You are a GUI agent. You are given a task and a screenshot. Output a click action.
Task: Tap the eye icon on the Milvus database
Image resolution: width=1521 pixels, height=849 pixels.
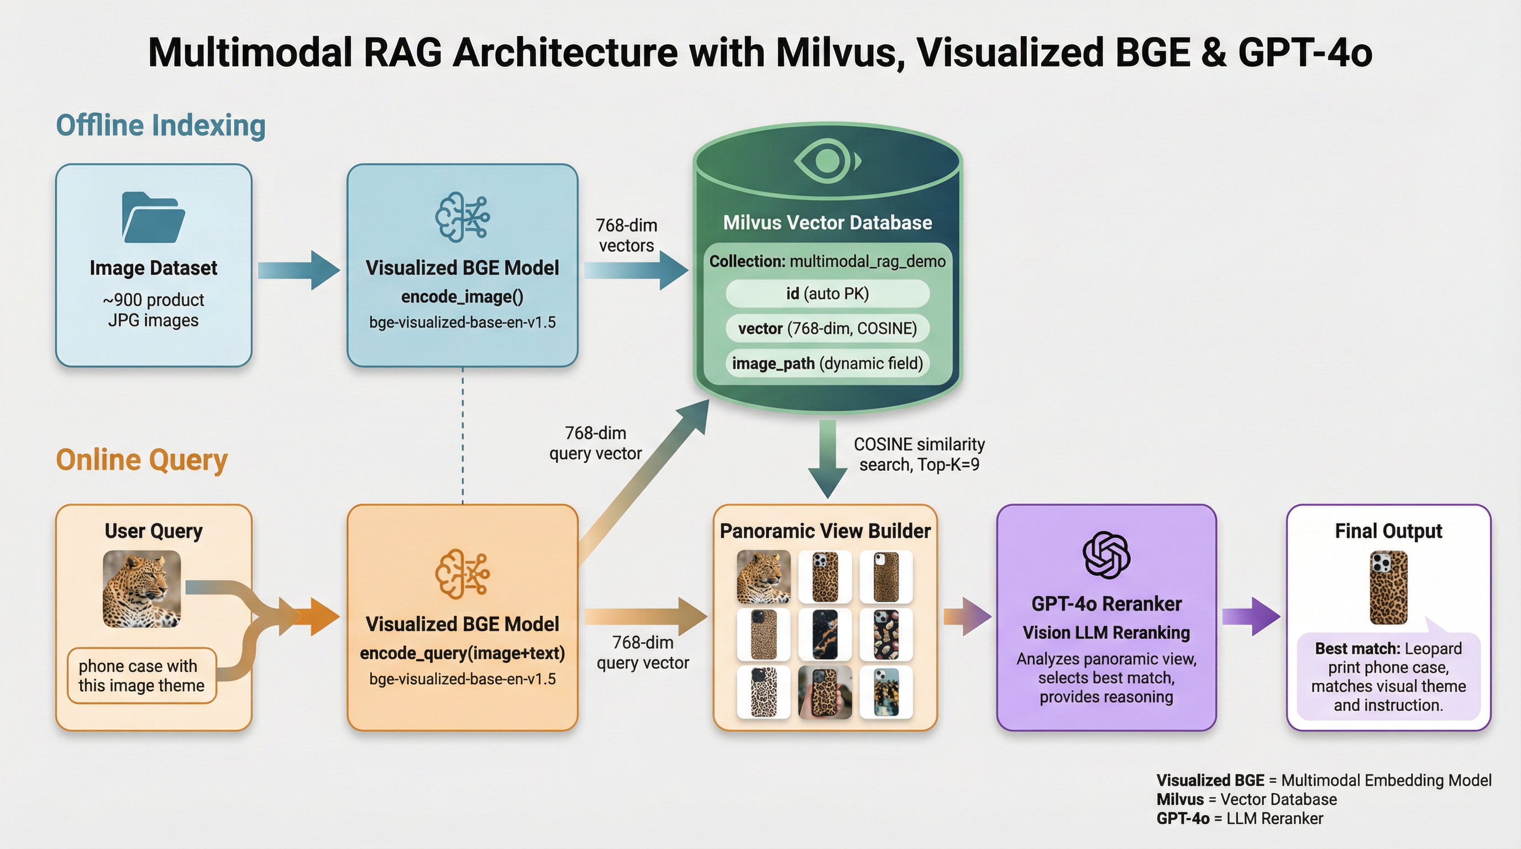point(827,160)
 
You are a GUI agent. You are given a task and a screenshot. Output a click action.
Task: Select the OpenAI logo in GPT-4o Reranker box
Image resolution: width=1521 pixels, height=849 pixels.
point(1106,555)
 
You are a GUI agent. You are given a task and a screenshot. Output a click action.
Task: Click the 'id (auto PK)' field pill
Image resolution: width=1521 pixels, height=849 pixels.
point(827,294)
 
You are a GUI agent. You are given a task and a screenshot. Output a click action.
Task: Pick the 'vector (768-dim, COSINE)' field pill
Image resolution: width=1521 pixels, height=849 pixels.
point(827,328)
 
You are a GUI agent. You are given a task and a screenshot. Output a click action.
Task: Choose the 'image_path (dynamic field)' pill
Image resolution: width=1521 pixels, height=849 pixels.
point(827,363)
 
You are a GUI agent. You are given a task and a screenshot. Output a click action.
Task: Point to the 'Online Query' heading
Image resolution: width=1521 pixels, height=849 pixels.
point(141,460)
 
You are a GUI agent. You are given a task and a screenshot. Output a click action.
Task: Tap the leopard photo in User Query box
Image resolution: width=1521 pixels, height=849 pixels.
point(141,589)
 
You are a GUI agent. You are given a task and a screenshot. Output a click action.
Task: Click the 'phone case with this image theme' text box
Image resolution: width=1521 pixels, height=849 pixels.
point(141,675)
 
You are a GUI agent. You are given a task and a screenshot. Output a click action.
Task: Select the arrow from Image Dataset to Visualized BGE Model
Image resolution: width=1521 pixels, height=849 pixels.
point(299,270)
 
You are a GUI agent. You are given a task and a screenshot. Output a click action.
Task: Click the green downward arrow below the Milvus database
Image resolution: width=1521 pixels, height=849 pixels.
point(827,458)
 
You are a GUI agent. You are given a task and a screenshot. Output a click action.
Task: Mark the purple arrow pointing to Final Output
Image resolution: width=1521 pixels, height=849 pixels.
point(1250,616)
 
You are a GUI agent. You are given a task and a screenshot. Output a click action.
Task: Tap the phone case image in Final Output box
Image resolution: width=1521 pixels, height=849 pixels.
point(1388,588)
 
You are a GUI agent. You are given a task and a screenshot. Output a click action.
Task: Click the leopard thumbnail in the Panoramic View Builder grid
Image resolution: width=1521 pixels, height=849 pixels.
point(763,577)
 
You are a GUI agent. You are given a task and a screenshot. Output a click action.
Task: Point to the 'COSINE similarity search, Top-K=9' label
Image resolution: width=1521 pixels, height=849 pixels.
point(919,454)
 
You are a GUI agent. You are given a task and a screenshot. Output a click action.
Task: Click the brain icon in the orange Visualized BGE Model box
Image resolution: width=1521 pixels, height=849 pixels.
point(462,573)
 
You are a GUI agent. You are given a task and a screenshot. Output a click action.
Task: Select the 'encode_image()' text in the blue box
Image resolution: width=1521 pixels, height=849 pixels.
point(462,296)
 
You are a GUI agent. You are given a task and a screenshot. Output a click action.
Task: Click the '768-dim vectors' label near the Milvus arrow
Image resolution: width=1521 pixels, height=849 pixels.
point(626,235)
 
